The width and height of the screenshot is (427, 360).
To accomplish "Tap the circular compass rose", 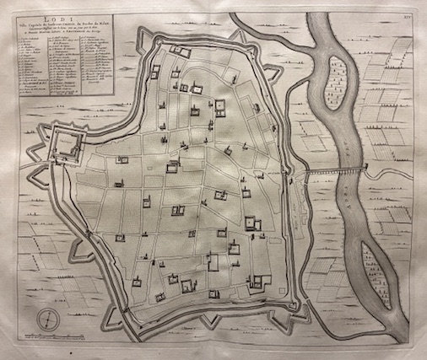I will click(x=48, y=320).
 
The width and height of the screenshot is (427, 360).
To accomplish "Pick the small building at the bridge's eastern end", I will click(x=364, y=169).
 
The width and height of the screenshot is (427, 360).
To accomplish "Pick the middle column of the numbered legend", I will click(x=64, y=79).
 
